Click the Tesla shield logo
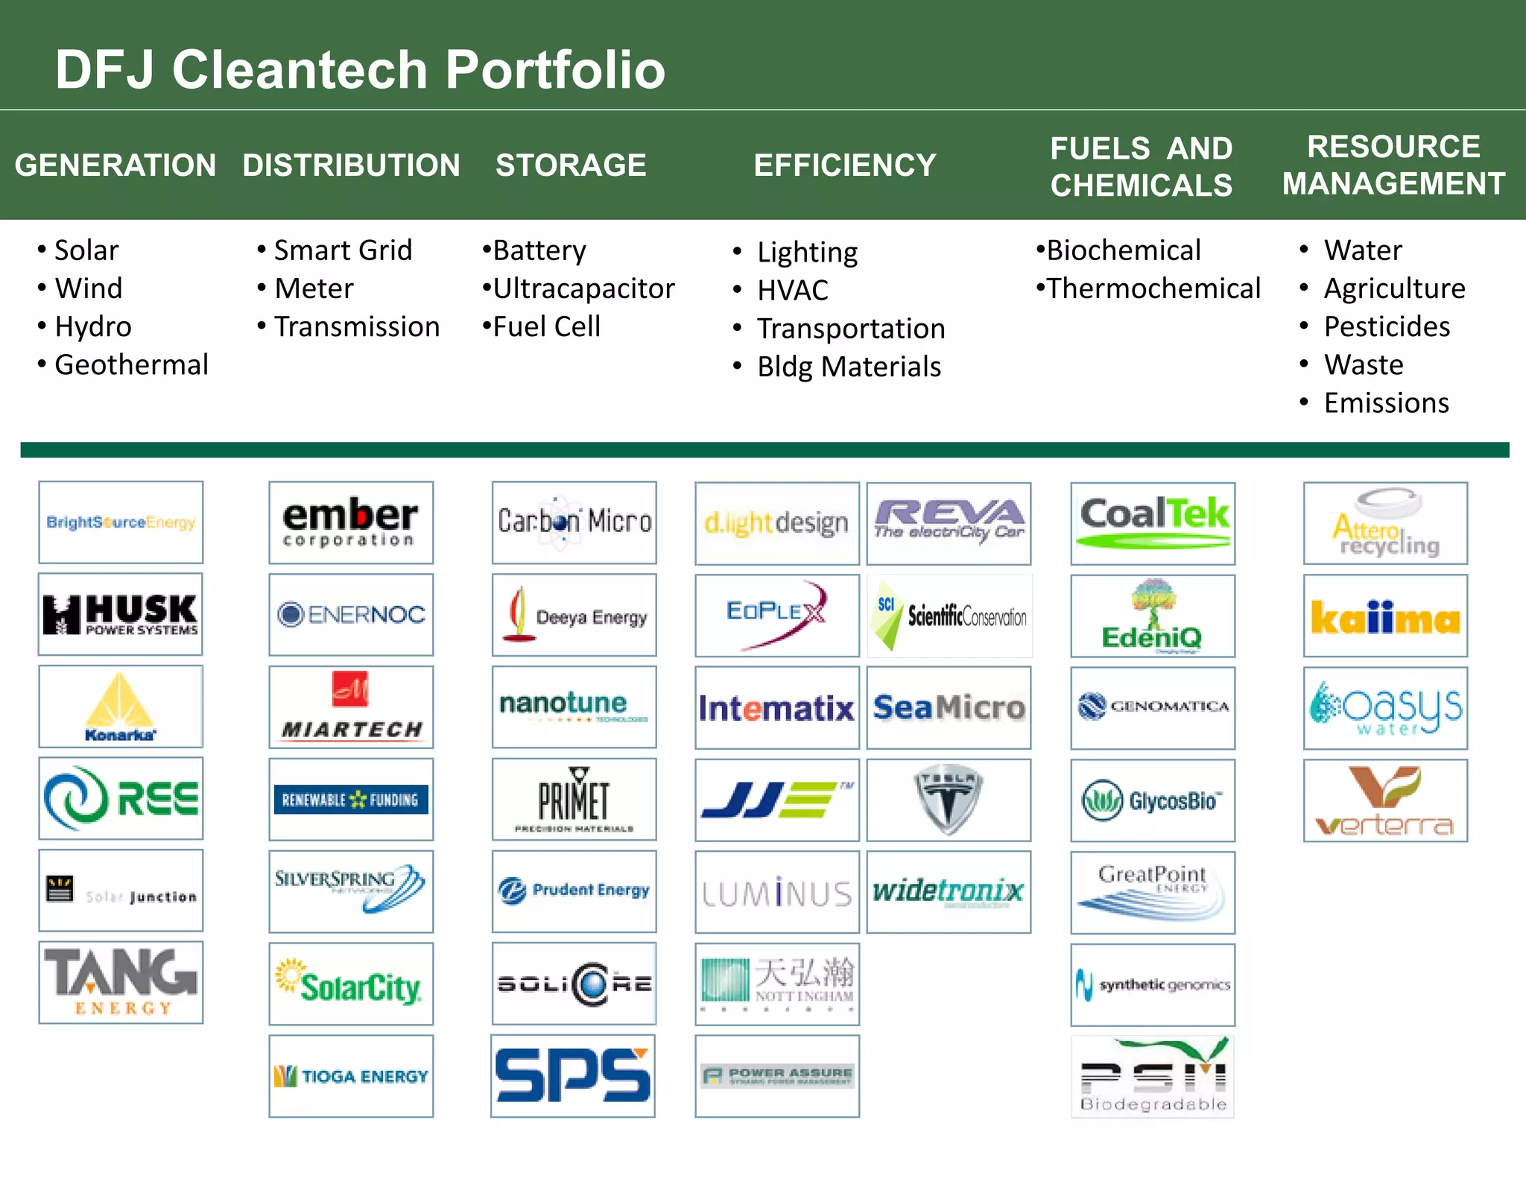[948, 800]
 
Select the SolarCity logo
[351, 984]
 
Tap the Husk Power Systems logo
[121, 614]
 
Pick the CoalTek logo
[1153, 522]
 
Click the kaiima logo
[1385, 616]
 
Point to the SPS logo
[573, 1075]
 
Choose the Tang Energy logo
[121, 982]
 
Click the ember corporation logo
[351, 522]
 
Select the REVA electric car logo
[949, 522]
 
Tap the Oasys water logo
[1385, 707]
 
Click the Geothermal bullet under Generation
[131, 365]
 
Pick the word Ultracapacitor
[583, 288]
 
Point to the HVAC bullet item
[793, 290]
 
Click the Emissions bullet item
[1386, 403]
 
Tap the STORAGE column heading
[571, 165]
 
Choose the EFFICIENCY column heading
[845, 165]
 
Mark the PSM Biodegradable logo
[1153, 1076]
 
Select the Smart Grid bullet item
[343, 250]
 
